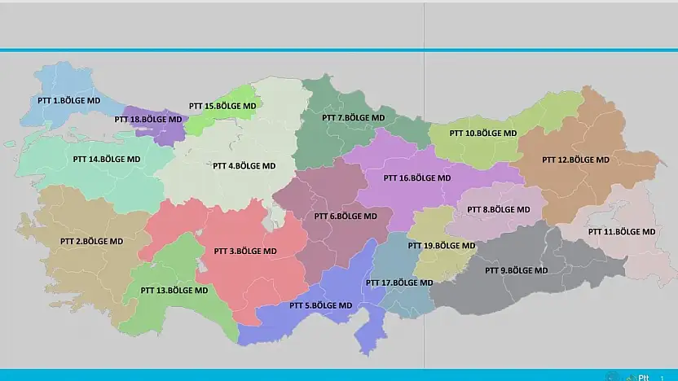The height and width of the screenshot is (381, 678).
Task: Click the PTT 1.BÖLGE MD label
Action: pyautogui.click(x=69, y=100)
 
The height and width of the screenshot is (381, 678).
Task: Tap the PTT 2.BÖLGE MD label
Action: pyautogui.click(x=91, y=241)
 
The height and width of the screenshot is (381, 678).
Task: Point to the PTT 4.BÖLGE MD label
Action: pyautogui.click(x=244, y=165)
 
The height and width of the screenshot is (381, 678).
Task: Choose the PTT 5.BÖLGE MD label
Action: pyautogui.click(x=321, y=305)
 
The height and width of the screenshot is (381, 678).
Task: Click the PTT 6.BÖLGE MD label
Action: pyautogui.click(x=346, y=217)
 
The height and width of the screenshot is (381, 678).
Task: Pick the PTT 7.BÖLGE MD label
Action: pyautogui.click(x=353, y=117)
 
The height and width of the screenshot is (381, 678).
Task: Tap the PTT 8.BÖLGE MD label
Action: pyautogui.click(x=499, y=209)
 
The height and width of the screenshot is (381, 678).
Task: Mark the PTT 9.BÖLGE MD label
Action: pyautogui.click(x=517, y=270)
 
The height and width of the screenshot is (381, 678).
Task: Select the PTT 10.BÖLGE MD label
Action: pyautogui.click(x=483, y=133)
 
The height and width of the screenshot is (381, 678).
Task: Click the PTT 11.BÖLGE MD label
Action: pyautogui.click(x=622, y=231)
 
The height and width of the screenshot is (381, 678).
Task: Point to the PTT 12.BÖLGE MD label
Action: pyautogui.click(x=575, y=160)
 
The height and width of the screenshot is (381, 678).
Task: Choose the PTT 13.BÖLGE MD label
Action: pyautogui.click(x=174, y=290)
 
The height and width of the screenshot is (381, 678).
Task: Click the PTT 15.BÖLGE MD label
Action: pyautogui.click(x=222, y=106)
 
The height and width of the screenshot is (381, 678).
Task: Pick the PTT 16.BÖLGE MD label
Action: pyautogui.click(x=416, y=177)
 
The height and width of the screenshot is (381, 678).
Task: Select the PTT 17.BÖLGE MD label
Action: pyautogui.click(x=399, y=282)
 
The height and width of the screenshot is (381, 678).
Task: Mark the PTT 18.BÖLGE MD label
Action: pyautogui.click(x=148, y=119)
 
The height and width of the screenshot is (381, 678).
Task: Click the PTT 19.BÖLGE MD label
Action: pyautogui.click(x=442, y=245)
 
